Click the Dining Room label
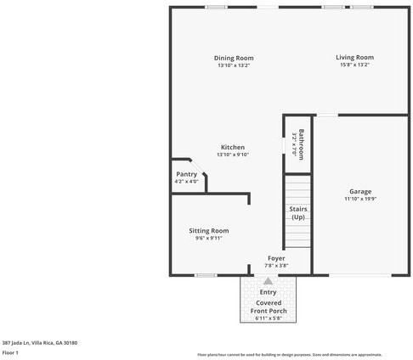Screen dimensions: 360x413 pos(234,58)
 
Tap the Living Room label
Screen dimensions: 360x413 pos(354,57)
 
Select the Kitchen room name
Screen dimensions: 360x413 pos(233,147)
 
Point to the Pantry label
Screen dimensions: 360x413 pos(186,174)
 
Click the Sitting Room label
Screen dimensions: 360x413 pos(208,230)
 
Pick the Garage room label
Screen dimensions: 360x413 pos(360,191)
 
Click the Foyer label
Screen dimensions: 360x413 pos(276,257)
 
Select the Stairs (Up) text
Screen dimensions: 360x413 pos(298,213)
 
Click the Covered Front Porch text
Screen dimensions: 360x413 pos(269,307)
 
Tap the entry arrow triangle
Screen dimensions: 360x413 pos(269,281)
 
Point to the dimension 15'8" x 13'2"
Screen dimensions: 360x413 pos(354,65)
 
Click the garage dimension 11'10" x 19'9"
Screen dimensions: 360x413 pos(360,199)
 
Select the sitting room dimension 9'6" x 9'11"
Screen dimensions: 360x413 pos(208,239)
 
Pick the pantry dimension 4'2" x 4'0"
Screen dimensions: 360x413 pos(186,182)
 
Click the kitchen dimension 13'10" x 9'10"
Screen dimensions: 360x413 pos(233,155)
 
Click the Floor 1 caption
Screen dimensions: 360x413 pos(10,352)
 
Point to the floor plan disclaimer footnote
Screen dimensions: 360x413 pos(289,355)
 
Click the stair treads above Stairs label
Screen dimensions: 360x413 pos(298,187)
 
